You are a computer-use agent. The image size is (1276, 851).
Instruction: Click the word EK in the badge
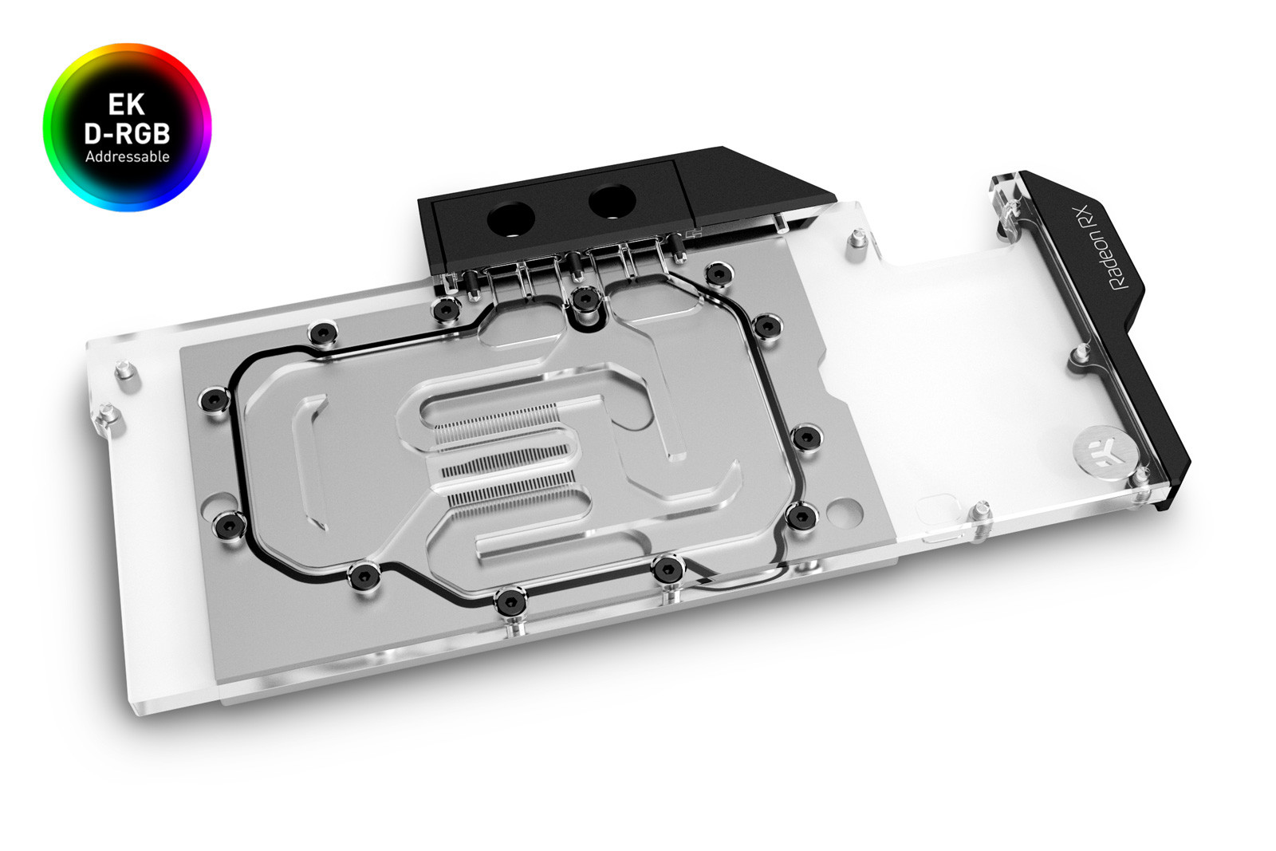[x=127, y=104]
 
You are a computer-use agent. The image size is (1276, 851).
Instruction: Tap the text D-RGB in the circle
[x=127, y=133]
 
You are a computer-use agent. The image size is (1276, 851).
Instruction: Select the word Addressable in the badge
[x=128, y=157]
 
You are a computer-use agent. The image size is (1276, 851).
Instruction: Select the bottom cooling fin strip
[x=510, y=491]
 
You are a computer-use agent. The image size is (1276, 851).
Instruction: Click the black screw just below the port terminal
[x=585, y=299]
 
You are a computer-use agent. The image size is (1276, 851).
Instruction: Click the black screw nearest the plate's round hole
[x=801, y=516]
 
